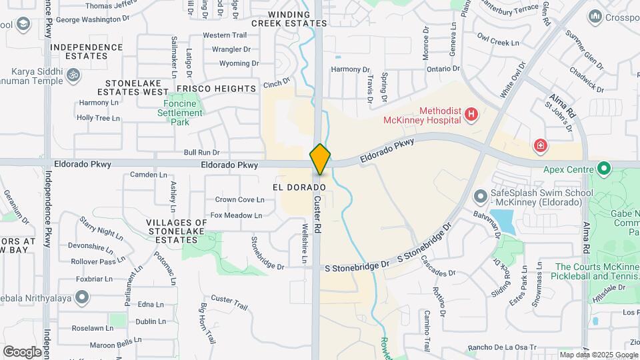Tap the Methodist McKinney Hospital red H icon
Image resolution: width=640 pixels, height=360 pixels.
[472, 115]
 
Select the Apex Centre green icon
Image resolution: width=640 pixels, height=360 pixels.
[605, 169]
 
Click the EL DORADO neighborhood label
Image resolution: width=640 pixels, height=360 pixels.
[299, 187]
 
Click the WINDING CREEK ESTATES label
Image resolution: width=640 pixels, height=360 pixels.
[297, 18]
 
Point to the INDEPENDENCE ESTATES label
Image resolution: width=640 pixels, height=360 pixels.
[87, 51]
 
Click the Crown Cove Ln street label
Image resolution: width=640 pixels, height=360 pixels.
[240, 199]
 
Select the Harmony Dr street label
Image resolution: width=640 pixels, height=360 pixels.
[350, 69]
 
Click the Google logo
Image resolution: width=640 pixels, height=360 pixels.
[22, 351]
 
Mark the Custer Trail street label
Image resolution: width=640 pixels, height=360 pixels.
[229, 298]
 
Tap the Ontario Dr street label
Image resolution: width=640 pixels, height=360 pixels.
[443, 69]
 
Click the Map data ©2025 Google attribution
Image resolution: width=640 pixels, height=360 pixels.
[598, 355]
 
